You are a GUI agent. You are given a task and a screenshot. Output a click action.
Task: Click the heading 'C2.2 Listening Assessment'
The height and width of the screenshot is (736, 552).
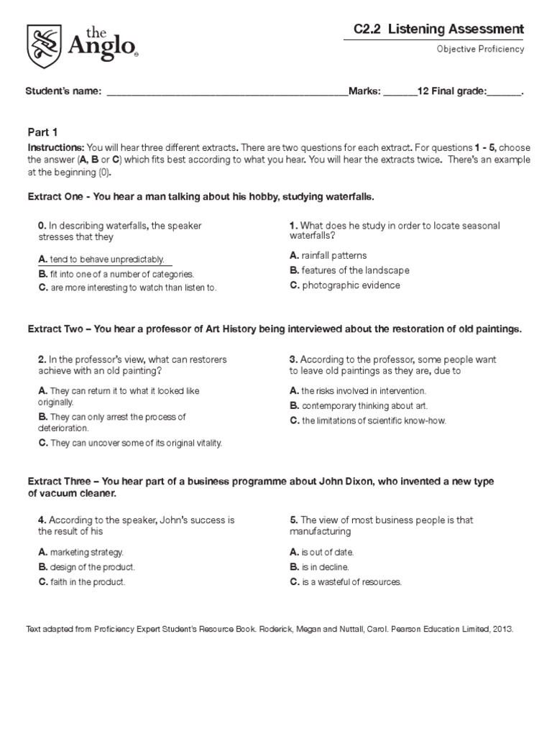point(438,29)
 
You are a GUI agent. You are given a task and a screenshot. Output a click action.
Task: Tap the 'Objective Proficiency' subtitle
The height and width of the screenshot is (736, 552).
point(480,49)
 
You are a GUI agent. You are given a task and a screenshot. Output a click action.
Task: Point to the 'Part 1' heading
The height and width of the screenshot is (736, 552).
point(42,132)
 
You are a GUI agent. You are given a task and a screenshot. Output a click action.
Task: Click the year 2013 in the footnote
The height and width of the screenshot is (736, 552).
point(503,628)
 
